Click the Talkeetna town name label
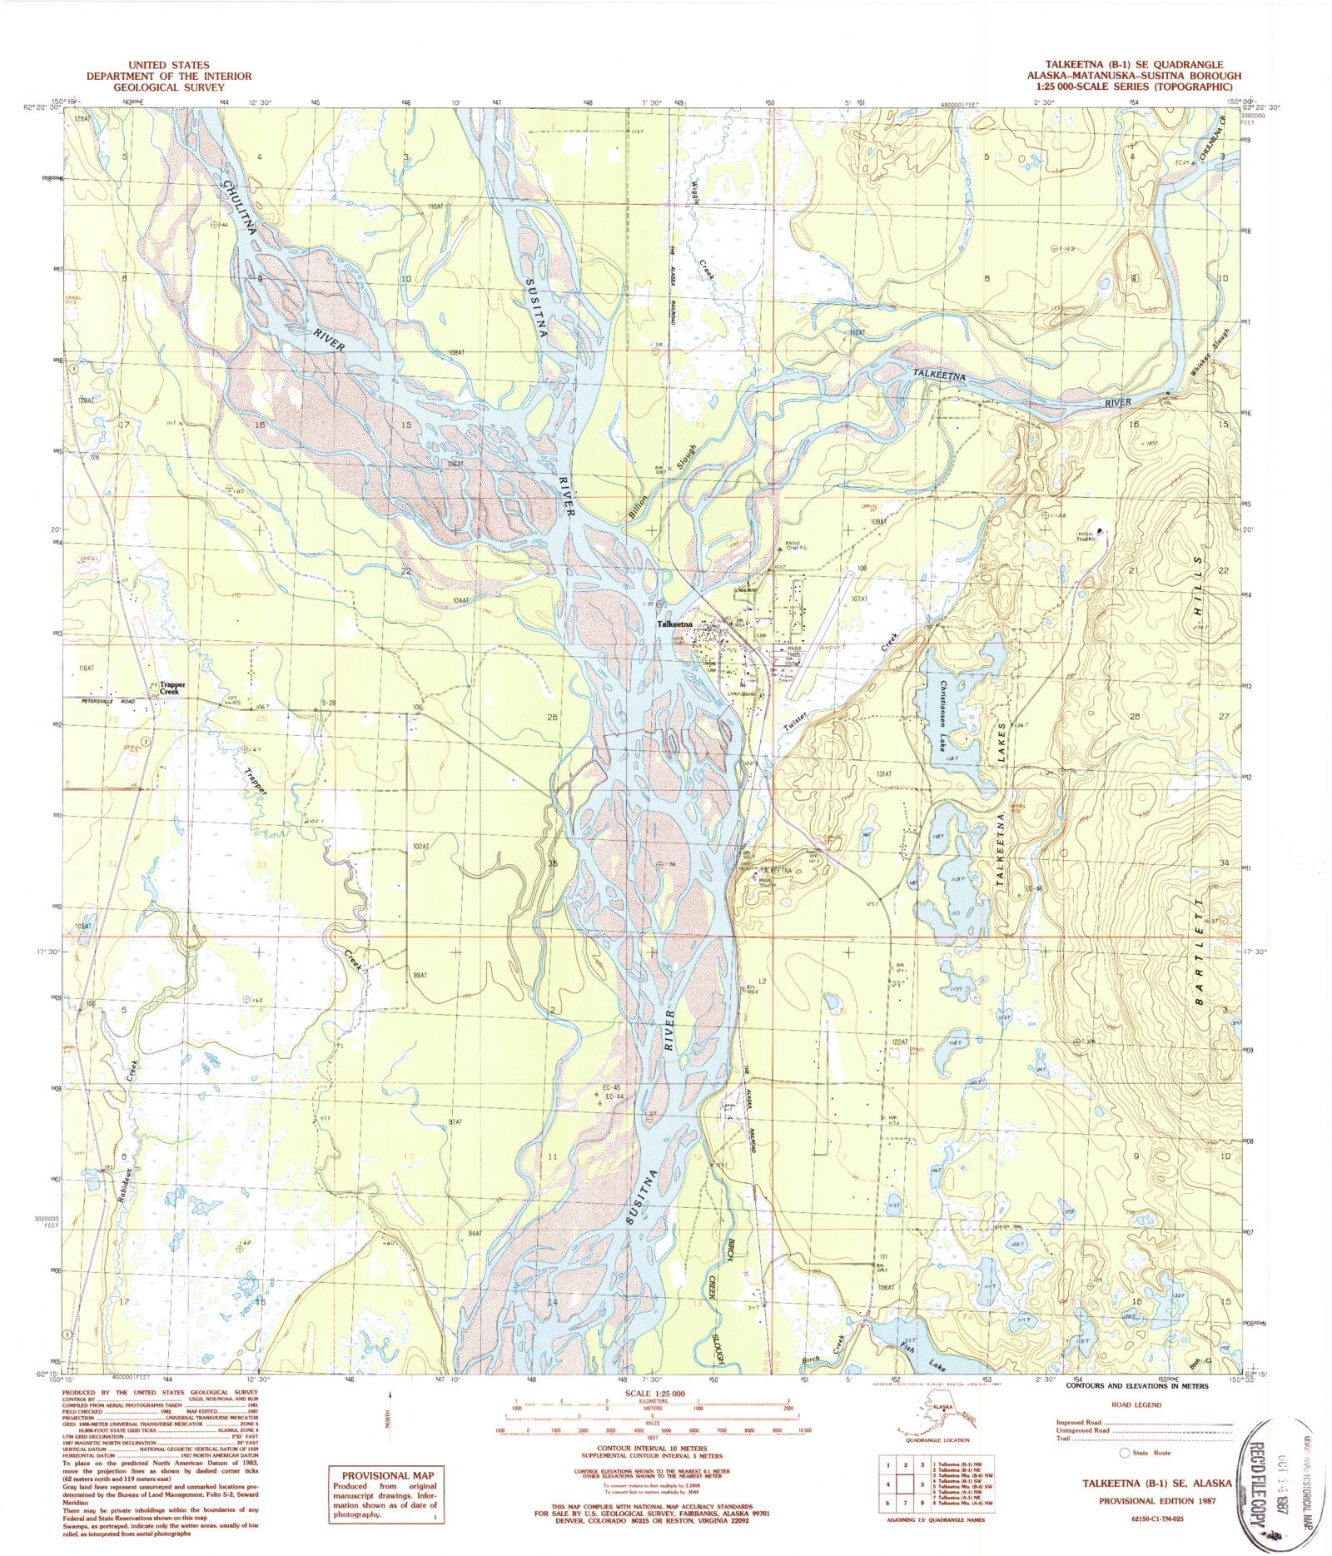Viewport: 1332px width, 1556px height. pyautogui.click(x=673, y=624)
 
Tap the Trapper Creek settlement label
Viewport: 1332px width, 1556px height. pyautogui.click(x=172, y=689)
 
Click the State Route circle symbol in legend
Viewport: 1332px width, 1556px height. pyautogui.click(x=1126, y=1453)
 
